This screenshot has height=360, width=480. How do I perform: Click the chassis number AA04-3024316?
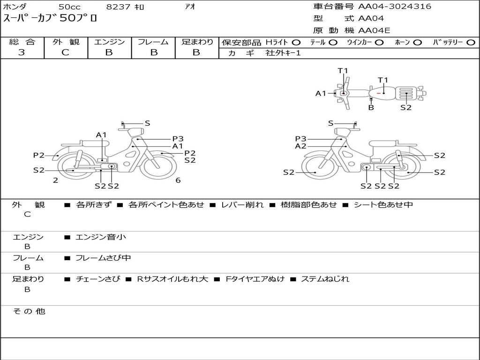(x=395, y=7)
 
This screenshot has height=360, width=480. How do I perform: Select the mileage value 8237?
(x=118, y=7)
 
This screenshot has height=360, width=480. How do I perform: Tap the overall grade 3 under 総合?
(x=22, y=52)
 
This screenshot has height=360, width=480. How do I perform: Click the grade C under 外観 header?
(x=66, y=52)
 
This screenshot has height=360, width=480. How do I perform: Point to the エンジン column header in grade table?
(x=109, y=42)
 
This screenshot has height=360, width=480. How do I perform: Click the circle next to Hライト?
(x=296, y=43)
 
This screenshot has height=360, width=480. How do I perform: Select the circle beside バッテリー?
(x=471, y=43)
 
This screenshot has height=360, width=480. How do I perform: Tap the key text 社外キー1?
(x=283, y=53)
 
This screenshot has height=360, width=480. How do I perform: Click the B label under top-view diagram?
(x=371, y=107)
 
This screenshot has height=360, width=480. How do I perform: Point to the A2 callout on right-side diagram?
(x=300, y=146)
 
